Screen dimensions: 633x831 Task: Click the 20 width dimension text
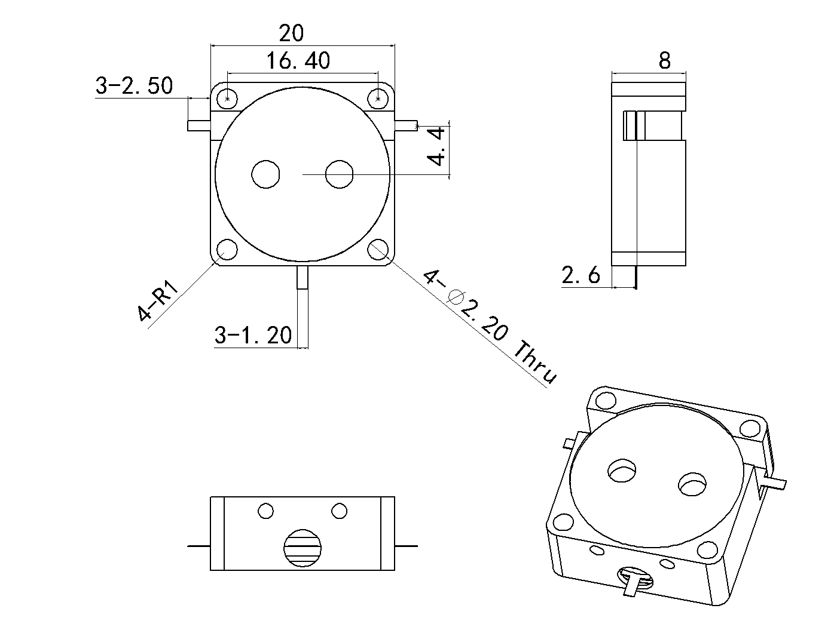point(291,33)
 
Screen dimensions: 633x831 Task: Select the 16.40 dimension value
point(298,61)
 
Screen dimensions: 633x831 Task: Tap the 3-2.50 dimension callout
point(135,86)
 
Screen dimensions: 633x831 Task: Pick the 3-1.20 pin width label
point(253,336)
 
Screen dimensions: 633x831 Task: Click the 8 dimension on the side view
point(664,60)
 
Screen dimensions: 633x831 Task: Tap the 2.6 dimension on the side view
point(580,276)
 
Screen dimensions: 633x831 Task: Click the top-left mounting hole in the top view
point(227,97)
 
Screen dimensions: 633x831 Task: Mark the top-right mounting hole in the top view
point(378,97)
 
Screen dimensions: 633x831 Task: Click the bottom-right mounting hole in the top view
point(378,250)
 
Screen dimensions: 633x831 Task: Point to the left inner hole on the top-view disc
point(265,174)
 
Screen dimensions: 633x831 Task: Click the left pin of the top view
point(198,125)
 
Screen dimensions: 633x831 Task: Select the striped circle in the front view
point(303,548)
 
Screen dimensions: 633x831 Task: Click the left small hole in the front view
point(265,511)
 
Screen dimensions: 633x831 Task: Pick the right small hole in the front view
point(340,511)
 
